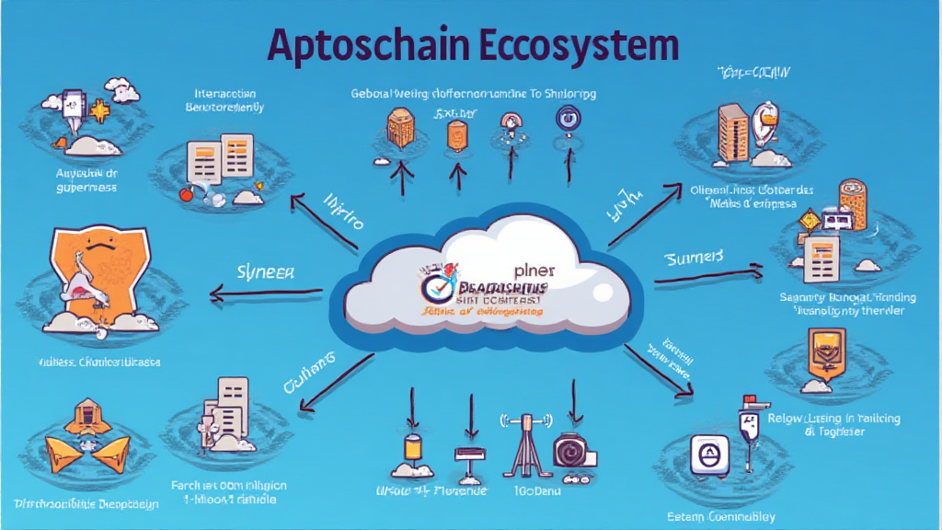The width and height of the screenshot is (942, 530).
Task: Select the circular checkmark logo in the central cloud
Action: (x=436, y=288)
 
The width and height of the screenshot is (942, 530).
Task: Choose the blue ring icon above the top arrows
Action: (x=564, y=118)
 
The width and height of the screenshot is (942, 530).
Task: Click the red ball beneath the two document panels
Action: (x=188, y=194)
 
